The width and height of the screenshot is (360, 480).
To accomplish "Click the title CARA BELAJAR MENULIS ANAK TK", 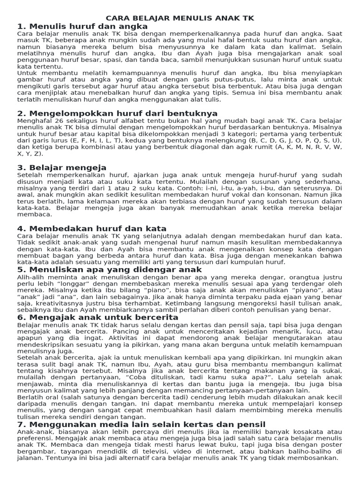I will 180,18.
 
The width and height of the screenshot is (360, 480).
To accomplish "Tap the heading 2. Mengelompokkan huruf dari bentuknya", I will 117,113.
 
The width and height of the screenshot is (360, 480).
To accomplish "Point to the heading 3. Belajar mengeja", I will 62,167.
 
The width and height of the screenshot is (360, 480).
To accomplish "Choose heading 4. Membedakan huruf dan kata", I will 92,228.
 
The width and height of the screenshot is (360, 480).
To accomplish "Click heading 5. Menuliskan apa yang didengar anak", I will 109,270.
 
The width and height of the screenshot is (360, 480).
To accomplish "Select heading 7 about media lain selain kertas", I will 141,424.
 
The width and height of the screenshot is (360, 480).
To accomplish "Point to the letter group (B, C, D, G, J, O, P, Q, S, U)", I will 292,140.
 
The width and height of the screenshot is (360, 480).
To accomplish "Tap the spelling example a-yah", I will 232,188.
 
